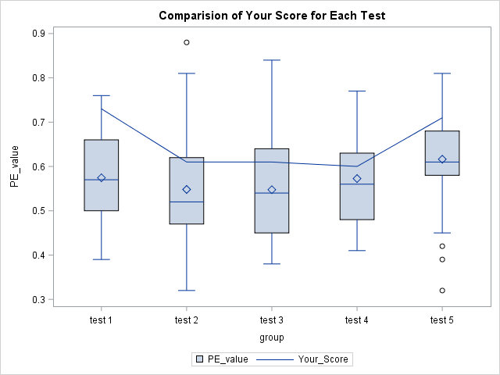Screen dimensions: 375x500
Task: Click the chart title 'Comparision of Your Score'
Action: (x=272, y=16)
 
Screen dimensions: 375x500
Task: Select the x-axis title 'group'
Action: (x=272, y=337)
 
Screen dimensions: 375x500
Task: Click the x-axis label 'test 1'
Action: (x=102, y=320)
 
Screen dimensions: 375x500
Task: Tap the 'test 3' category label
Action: (x=272, y=320)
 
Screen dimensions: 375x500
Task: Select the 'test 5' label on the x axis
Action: (x=442, y=320)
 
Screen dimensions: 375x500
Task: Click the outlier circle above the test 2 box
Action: (x=187, y=42)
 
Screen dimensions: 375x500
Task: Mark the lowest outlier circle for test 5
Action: (x=442, y=291)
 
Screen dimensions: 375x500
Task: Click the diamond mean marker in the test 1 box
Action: (x=102, y=177)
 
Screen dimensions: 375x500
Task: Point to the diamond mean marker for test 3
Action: (x=272, y=189)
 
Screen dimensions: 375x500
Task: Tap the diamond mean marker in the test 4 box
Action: (x=357, y=178)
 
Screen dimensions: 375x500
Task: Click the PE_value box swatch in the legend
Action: (x=199, y=359)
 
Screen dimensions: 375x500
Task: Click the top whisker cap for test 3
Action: (x=272, y=60)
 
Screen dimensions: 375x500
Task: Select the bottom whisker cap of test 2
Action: (x=187, y=291)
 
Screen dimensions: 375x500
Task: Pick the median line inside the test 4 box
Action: (x=357, y=184)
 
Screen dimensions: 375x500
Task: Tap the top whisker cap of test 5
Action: (x=442, y=73)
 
